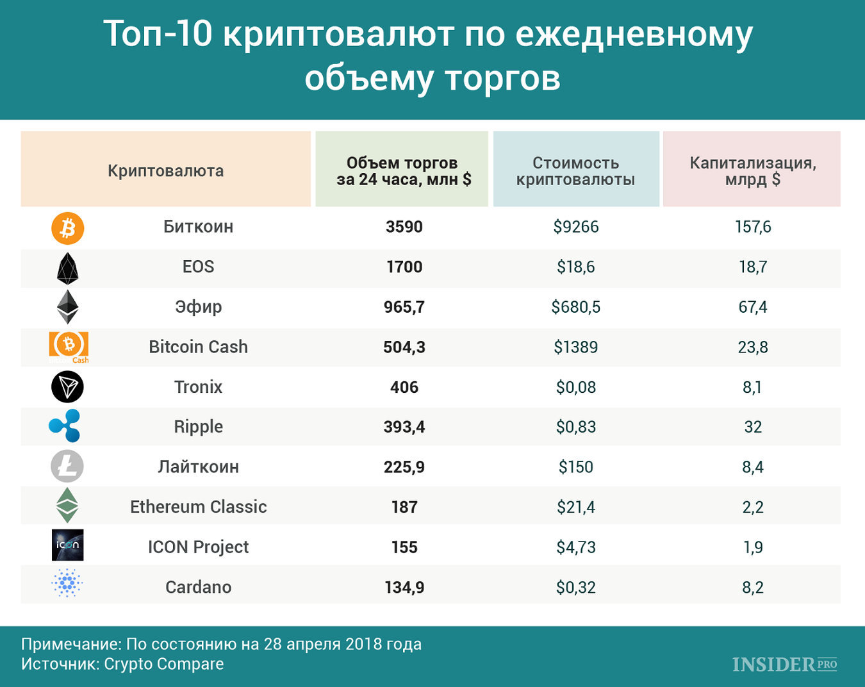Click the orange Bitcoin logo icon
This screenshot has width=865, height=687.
coord(68,228)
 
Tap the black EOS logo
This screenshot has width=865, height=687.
coord(67,268)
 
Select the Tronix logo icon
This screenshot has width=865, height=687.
coord(67,387)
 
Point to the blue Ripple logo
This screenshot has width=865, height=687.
coord(65,426)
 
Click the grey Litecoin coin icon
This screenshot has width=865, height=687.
coord(67,466)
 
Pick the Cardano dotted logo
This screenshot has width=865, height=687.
coord(67,583)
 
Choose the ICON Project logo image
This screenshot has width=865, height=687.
coord(68,545)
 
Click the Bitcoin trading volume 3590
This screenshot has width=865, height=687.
coord(404,227)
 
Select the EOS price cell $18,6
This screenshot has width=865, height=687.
coord(575,267)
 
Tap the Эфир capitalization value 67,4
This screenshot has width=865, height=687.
coord(753,307)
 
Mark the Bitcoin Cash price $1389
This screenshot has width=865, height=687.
coord(575,347)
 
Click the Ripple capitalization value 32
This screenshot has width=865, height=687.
coord(753,427)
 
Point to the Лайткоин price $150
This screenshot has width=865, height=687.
coord(575,467)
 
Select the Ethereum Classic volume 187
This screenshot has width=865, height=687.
coord(404,508)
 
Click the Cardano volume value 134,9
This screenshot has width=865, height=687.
coord(404,588)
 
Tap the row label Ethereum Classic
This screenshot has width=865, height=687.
coord(199,507)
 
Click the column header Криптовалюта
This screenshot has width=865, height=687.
coord(166,171)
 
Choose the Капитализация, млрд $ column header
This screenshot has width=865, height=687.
coord(753,171)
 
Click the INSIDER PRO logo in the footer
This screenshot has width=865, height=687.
coord(785,665)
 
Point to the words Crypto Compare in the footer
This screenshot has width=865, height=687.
coord(164,664)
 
